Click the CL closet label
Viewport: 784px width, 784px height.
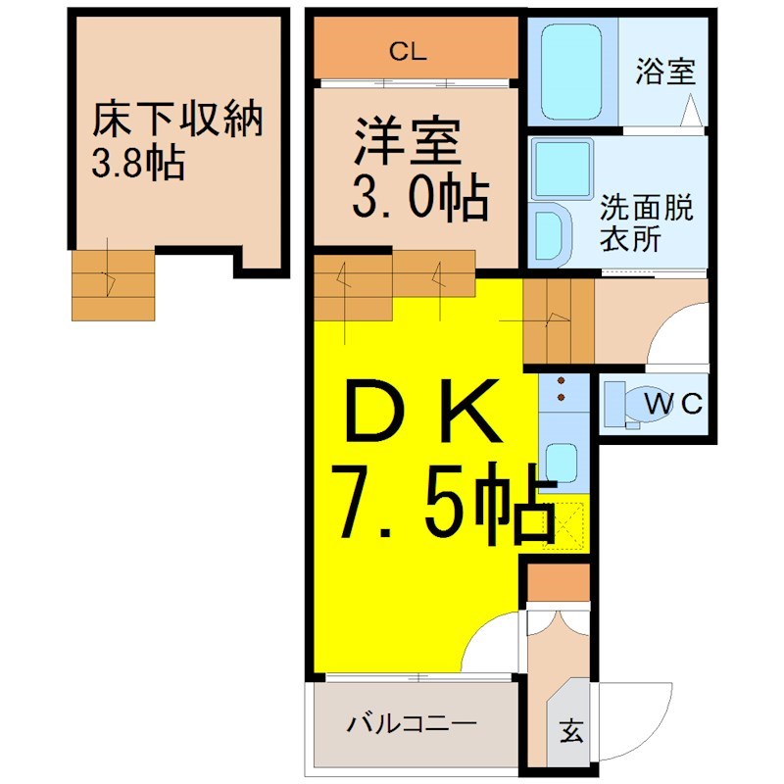[x=408, y=51]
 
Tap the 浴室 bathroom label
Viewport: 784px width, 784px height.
[x=665, y=72]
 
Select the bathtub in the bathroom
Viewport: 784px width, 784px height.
[x=571, y=72]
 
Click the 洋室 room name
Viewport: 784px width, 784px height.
[x=407, y=140]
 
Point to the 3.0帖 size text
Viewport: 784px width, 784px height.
[x=420, y=197]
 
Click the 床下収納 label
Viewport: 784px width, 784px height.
[x=177, y=119]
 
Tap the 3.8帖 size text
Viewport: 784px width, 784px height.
[x=138, y=163]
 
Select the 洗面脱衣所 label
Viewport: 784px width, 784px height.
[x=647, y=222]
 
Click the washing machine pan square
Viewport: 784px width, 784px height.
[x=562, y=169]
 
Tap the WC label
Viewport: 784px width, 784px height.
[x=673, y=403]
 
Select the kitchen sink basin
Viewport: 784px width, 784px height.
[x=561, y=464]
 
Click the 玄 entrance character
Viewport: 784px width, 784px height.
[x=571, y=731]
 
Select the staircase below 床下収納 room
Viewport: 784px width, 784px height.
[x=113, y=285]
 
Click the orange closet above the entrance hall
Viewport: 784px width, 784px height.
[x=559, y=583]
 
